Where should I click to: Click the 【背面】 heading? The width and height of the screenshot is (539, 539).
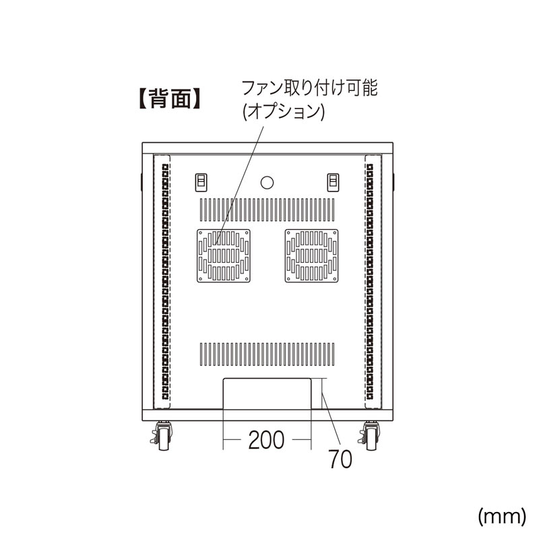(x=170, y=98)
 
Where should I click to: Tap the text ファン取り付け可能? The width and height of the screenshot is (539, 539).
(x=310, y=88)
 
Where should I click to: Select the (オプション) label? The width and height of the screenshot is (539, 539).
(x=284, y=112)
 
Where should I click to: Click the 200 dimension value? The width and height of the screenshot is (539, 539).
(x=266, y=440)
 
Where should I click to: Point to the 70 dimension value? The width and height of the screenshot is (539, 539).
(x=340, y=459)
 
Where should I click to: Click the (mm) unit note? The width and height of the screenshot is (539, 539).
(x=502, y=516)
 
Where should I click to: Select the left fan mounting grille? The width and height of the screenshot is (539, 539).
(x=224, y=256)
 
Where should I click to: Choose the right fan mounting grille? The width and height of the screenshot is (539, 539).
(x=311, y=256)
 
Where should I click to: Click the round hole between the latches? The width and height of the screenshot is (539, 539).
(x=267, y=183)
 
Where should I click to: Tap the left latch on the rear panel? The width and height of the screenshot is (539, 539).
(x=201, y=182)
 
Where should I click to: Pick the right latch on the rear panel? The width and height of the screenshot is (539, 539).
(x=333, y=182)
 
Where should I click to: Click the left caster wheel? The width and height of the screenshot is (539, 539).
(x=162, y=436)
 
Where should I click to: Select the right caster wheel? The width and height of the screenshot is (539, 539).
(x=370, y=436)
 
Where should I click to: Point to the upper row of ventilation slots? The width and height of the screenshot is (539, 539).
(x=267, y=210)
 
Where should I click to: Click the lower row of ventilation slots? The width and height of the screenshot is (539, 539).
(x=267, y=354)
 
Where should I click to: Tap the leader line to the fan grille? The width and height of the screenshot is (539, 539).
(x=239, y=186)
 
